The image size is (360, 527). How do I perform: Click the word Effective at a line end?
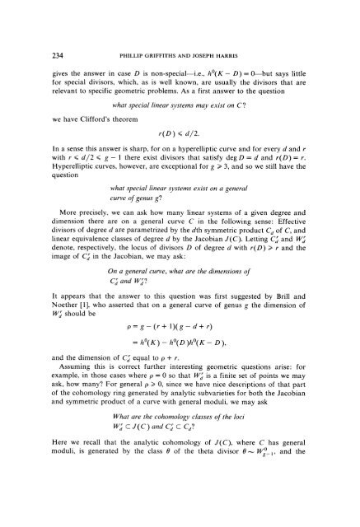point(309,243)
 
